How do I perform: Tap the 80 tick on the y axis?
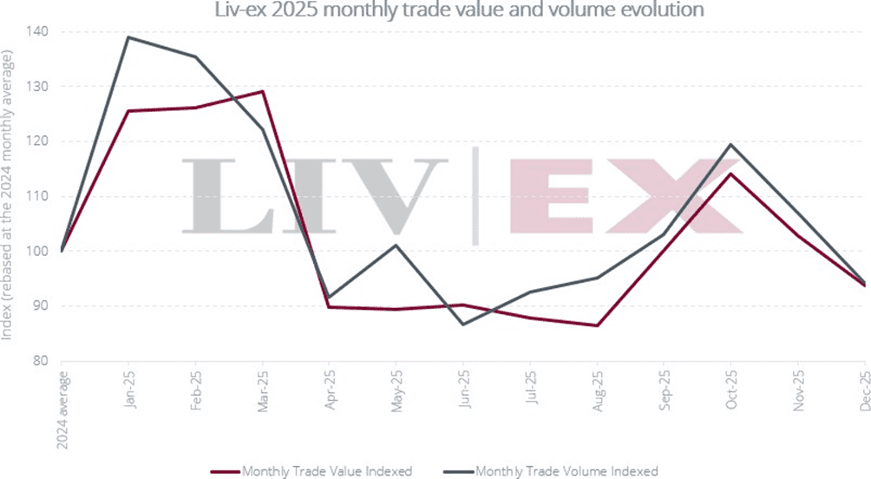click(x=41, y=361)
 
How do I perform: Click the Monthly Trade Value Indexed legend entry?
click(x=311, y=470)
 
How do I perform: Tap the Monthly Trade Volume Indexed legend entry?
click(x=555, y=470)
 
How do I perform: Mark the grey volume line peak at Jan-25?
click(x=128, y=37)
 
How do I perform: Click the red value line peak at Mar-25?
click(x=262, y=91)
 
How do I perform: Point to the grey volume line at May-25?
click(x=396, y=245)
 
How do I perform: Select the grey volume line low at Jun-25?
click(x=463, y=325)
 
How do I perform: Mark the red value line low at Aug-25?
click(x=597, y=325)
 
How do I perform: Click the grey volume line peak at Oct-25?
click(x=730, y=144)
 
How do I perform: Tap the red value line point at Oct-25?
click(x=730, y=174)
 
